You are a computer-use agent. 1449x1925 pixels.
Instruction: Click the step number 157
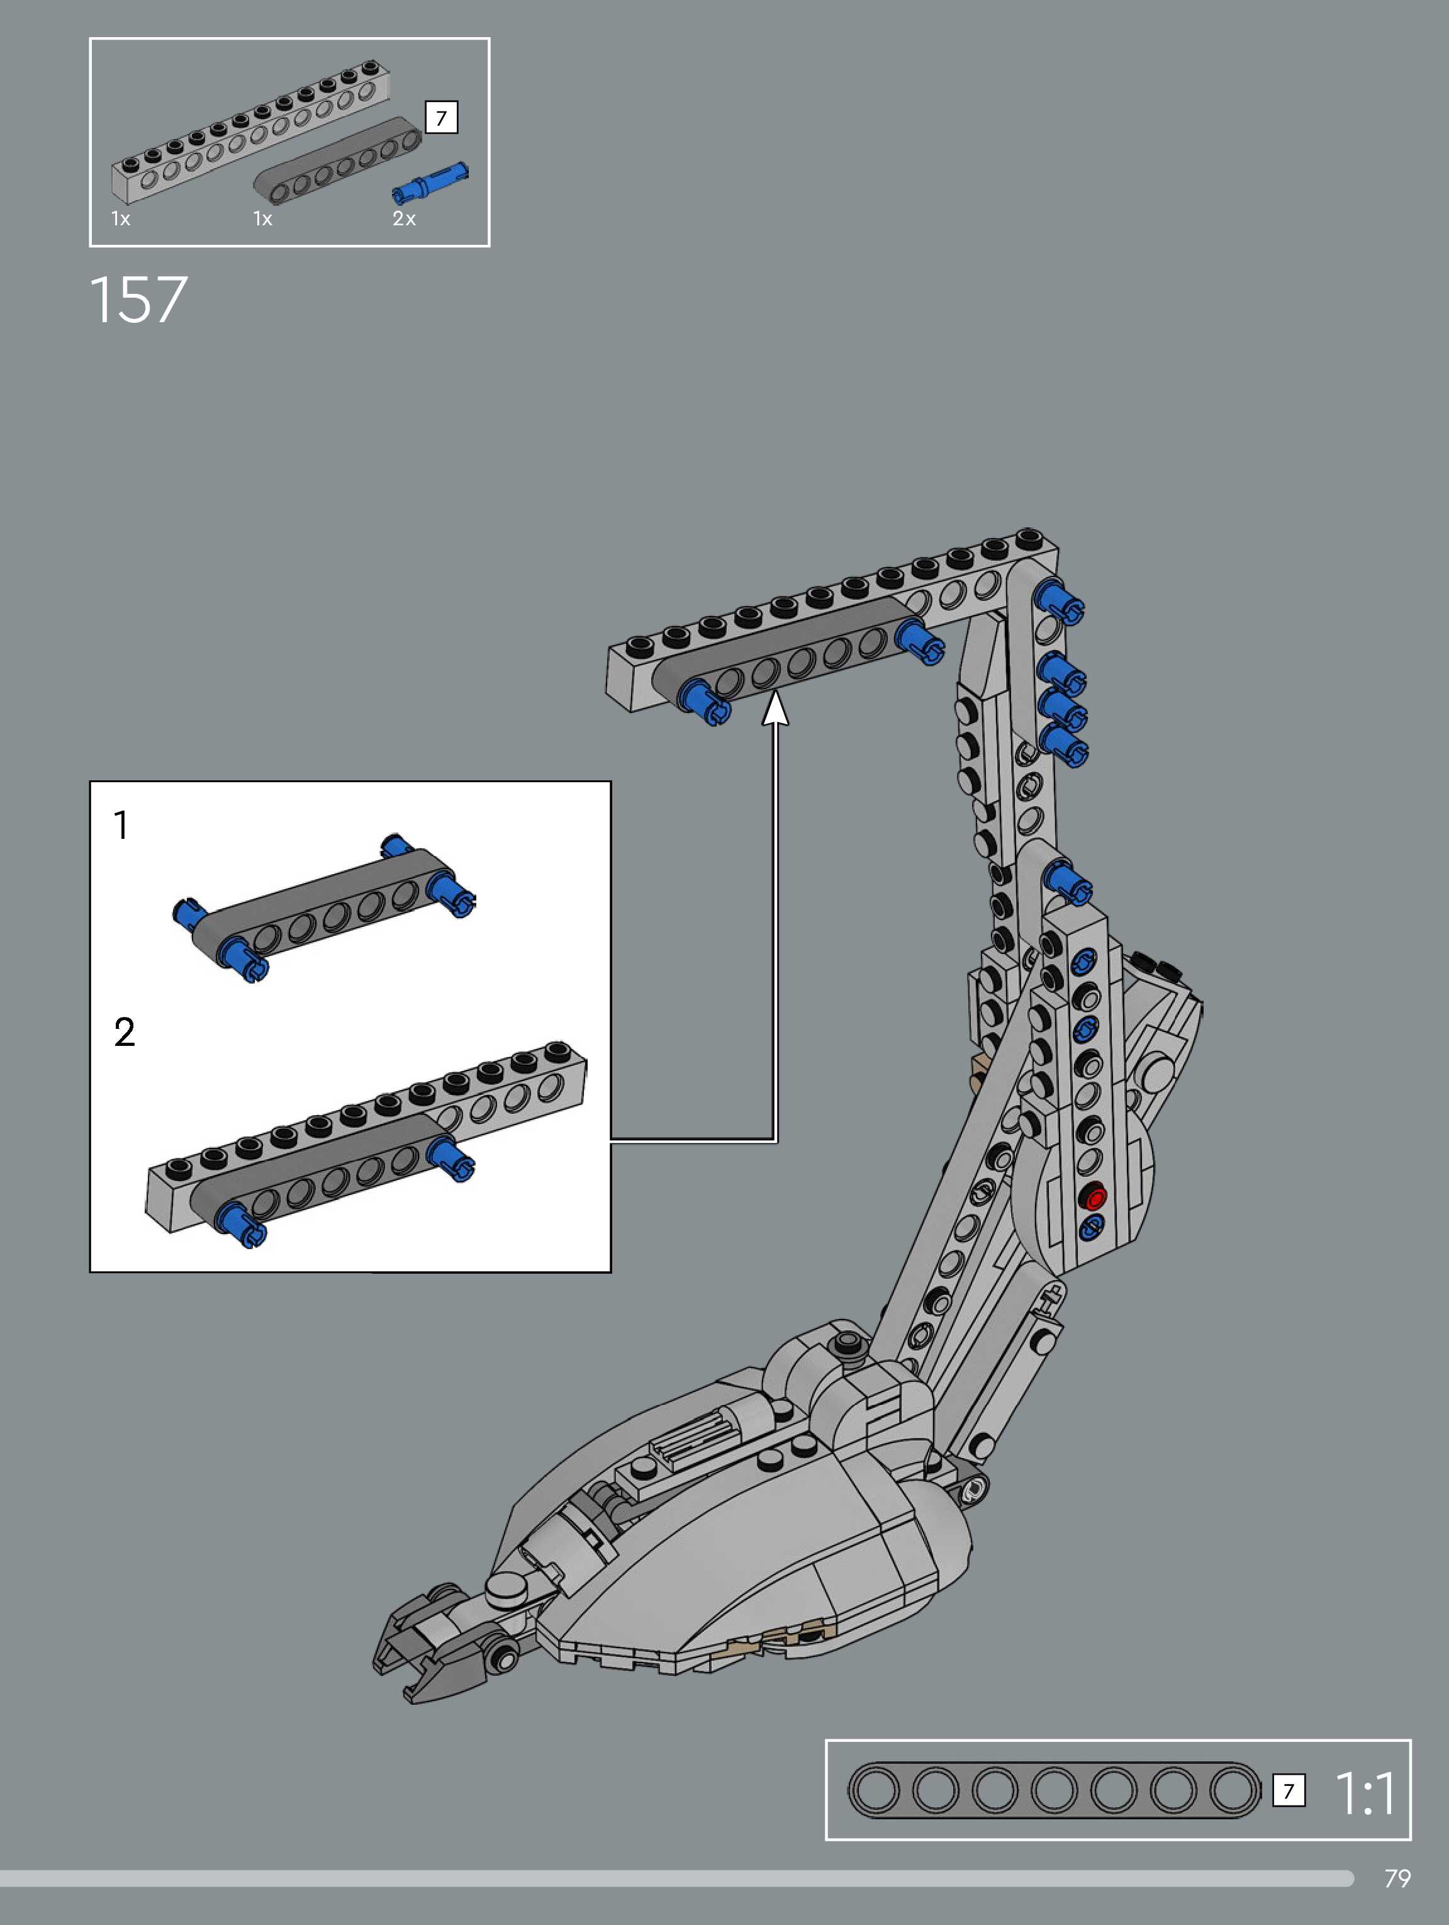138,300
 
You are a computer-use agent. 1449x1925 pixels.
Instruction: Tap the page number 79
1397,1878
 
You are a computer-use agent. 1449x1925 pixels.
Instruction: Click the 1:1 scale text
1365,1793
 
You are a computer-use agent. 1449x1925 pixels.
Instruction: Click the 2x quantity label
404,218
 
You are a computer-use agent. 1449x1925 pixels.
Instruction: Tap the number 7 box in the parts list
441,118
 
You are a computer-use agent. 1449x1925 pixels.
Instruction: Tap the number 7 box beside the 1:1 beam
1288,1791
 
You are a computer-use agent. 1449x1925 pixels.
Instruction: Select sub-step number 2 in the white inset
125,1032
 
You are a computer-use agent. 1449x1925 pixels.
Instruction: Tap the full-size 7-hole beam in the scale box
1054,1791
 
